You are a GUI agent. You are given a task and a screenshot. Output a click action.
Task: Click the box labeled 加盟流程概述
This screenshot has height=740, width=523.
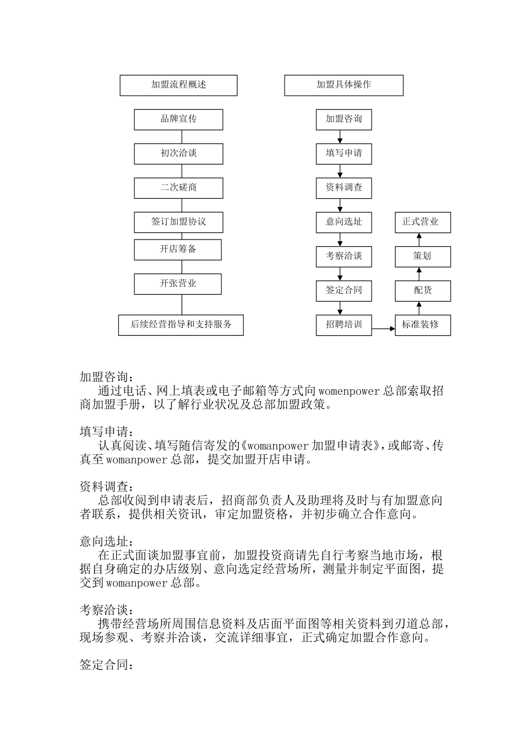[x=178, y=85]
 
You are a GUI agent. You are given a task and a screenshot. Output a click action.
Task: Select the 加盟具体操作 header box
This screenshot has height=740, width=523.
[x=344, y=85]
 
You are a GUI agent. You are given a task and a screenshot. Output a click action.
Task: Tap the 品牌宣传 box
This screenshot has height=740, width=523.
[x=178, y=119]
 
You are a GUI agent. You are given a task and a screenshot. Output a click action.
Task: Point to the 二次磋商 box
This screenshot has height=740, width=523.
[x=178, y=188]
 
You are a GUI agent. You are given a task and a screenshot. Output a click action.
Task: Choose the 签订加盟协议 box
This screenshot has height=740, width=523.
[x=178, y=222]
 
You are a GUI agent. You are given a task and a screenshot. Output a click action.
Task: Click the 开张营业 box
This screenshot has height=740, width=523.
[x=178, y=284]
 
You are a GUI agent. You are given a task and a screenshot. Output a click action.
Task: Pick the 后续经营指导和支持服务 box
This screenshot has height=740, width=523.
[x=181, y=325]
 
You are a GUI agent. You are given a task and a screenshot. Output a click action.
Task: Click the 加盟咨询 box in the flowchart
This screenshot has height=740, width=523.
[x=344, y=119]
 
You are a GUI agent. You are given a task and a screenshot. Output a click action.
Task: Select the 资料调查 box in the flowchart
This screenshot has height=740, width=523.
[x=344, y=188]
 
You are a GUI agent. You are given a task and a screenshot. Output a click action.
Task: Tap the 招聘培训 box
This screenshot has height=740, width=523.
[x=344, y=325]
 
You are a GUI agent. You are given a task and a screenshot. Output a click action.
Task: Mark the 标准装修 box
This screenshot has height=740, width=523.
[x=422, y=325]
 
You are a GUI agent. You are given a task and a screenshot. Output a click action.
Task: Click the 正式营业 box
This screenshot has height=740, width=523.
[x=422, y=222]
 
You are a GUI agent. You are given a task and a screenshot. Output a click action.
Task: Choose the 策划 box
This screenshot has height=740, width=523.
[x=422, y=256]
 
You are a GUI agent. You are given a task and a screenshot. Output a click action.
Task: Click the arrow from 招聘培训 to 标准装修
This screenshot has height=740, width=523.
[x=383, y=329]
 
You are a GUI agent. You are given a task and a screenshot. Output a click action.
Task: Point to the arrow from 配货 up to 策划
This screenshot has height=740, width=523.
[x=419, y=274]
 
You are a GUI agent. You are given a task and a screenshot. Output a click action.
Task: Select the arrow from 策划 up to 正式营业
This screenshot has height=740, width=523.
[x=419, y=240]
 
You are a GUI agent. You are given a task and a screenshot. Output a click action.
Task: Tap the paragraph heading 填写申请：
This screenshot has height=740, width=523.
[x=106, y=432]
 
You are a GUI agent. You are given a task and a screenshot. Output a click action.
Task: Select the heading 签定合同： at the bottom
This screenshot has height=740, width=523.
[x=106, y=665]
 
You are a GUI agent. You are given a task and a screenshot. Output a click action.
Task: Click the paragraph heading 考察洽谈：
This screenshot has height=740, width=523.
[x=106, y=610]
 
